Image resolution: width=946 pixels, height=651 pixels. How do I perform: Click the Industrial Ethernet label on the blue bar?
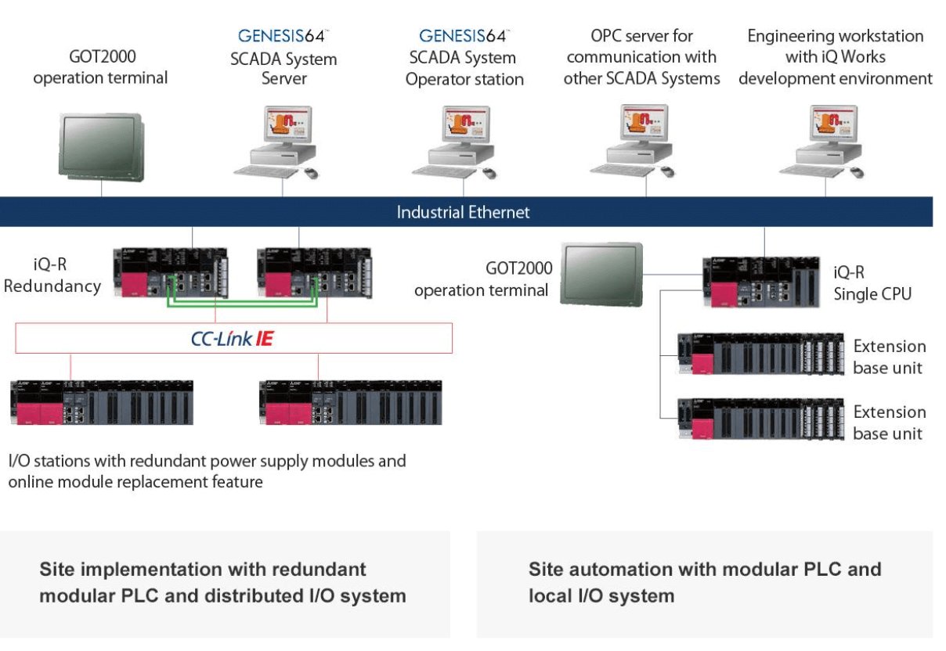(463, 212)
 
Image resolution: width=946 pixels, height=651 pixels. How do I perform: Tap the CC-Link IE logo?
(233, 338)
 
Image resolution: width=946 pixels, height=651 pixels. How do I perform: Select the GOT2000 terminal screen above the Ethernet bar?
(101, 148)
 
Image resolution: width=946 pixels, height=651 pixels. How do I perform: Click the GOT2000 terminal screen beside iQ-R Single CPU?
(601, 274)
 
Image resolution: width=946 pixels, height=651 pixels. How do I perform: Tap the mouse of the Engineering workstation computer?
(858, 172)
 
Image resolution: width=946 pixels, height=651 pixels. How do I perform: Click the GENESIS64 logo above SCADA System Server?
(283, 36)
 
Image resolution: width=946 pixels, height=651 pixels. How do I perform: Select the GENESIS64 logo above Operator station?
(464, 36)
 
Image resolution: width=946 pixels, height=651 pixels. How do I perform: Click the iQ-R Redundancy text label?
(52, 275)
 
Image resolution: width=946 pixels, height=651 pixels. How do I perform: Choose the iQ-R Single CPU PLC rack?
(761, 282)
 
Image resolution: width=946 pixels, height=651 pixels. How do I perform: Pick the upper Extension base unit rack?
(760, 354)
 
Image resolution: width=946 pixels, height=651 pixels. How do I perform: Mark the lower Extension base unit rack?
(760, 419)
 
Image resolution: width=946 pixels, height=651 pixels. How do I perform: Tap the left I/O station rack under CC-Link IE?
(102, 402)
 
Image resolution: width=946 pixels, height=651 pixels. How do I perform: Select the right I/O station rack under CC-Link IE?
(351, 402)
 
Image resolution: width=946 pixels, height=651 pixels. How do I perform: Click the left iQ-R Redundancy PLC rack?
(171, 273)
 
